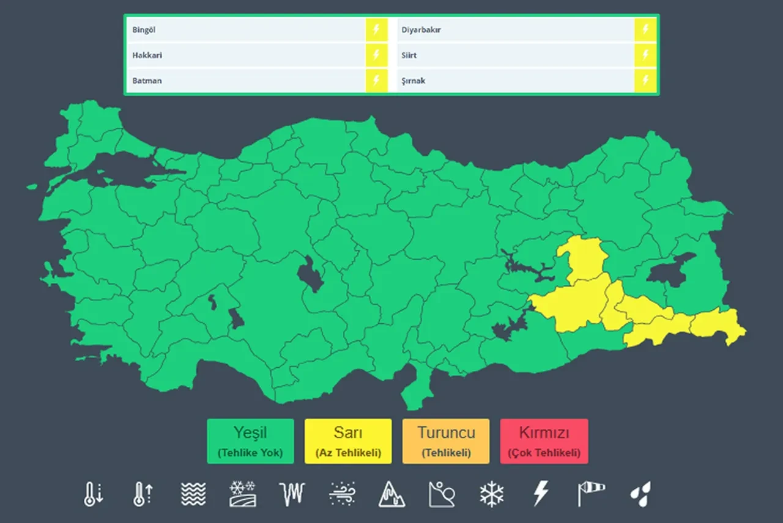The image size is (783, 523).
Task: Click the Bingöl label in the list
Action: [x=144, y=30]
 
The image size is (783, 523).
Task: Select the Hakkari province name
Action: [x=147, y=55]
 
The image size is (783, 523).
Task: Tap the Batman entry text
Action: [x=147, y=81]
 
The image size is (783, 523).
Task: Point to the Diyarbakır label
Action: [x=421, y=30]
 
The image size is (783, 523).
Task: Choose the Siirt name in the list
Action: [x=409, y=55]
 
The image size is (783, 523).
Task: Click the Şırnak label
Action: [x=413, y=81]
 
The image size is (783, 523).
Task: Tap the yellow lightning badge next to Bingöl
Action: [x=376, y=30]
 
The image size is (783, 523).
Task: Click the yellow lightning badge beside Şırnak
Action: [x=645, y=81]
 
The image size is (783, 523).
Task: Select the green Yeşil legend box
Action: [x=250, y=441]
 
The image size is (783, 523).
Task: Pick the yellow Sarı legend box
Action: [x=348, y=441]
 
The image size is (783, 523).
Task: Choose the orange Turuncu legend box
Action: [x=446, y=441]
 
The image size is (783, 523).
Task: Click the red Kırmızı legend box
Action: [x=544, y=441]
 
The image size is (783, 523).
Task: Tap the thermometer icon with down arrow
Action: [x=92, y=494]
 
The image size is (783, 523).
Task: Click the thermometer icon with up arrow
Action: [x=142, y=494]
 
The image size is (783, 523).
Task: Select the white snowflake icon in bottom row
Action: [x=491, y=494]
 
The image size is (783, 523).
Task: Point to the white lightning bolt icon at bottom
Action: [x=541, y=494]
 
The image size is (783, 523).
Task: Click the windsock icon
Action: [x=590, y=494]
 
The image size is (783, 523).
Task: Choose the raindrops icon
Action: [x=640, y=494]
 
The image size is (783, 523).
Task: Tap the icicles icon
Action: [x=292, y=494]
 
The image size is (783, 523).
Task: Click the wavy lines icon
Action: [x=193, y=494]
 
